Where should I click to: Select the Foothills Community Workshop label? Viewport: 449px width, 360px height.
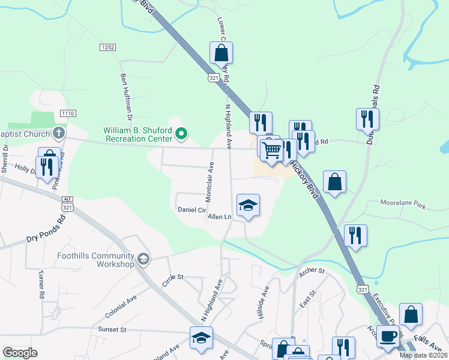point(95,260)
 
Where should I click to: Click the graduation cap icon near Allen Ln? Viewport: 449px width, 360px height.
point(248,206)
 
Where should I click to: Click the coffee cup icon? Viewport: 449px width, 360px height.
point(388,336)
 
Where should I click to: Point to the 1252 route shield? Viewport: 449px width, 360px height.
point(108,46)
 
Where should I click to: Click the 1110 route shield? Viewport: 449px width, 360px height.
point(68,113)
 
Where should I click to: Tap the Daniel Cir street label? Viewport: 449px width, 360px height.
point(192,210)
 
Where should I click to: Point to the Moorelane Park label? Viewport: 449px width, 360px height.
point(403,206)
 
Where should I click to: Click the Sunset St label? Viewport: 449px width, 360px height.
point(112,329)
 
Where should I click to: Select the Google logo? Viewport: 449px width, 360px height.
point(20,353)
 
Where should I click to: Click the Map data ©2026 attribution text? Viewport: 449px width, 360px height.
point(423,355)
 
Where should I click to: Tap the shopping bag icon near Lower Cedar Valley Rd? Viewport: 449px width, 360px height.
point(221,53)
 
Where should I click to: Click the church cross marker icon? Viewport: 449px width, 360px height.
point(59,133)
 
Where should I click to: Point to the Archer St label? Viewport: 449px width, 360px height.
point(311,271)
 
